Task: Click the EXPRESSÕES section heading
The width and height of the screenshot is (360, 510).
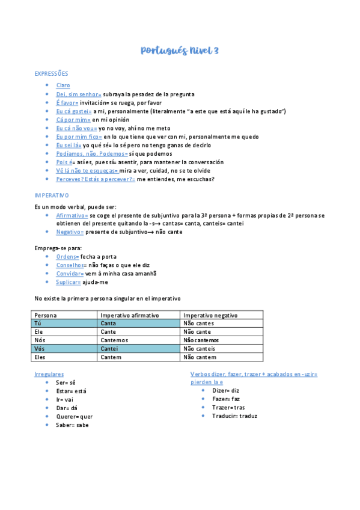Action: [x=52, y=73]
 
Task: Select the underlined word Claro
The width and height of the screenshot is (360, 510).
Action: [x=63, y=85]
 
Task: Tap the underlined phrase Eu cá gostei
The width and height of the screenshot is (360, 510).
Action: [x=73, y=111]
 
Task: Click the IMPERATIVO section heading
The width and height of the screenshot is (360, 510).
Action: [x=52, y=195]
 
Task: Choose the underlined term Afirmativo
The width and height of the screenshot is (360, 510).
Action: [x=72, y=215]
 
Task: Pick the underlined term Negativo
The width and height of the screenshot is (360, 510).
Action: [x=70, y=232]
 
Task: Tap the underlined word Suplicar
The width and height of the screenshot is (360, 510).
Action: [x=69, y=281]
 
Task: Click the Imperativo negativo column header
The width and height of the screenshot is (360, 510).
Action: [x=210, y=315]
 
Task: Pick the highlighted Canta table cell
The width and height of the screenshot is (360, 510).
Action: [x=109, y=324]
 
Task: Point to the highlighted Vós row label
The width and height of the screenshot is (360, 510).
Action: [x=40, y=349]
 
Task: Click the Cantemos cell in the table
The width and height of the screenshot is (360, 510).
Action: [x=115, y=340]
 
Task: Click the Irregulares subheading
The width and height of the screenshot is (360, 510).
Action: [x=49, y=374]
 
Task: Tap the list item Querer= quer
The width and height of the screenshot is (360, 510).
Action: [x=75, y=416]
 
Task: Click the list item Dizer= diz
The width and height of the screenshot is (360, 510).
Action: [x=225, y=390]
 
